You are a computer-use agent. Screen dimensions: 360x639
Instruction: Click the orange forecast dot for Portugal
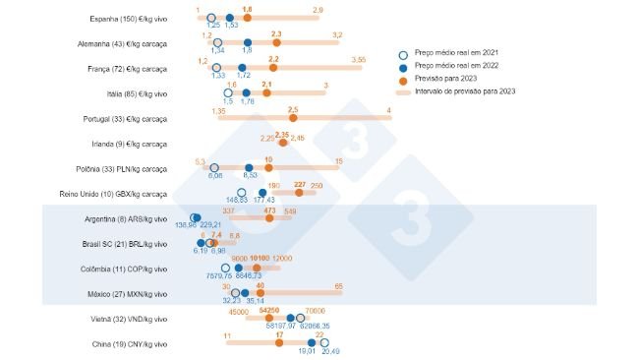coord(293,118)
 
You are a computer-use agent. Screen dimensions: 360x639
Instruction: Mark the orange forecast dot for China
coord(280,344)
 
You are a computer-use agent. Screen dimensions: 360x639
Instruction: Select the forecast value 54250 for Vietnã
coord(269,311)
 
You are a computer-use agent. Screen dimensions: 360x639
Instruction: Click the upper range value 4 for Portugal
coord(389,110)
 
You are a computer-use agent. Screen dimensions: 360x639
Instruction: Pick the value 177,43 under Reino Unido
coord(264,201)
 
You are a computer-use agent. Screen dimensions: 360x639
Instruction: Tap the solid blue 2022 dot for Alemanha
coord(247,42)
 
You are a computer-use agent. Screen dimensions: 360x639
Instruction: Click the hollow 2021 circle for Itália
coord(228,92)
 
